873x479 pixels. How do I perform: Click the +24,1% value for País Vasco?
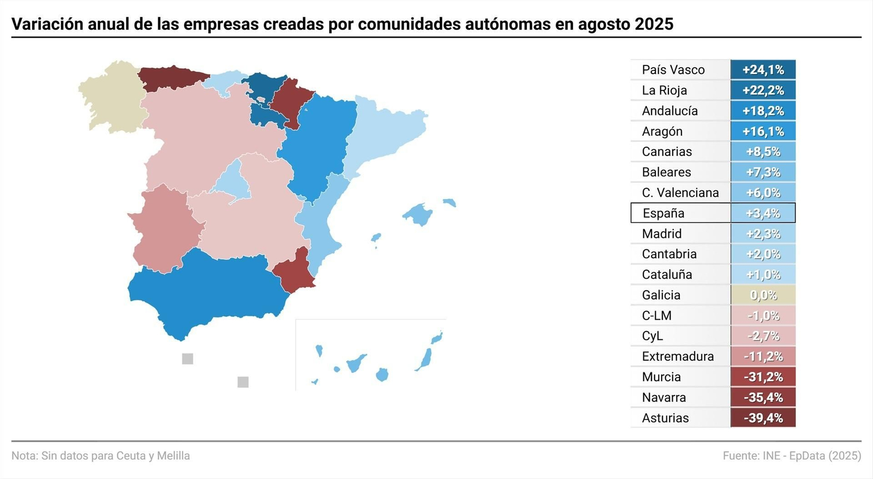click(763, 70)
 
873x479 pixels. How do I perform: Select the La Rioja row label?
click(664, 90)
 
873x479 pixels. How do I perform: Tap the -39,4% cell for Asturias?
click(763, 418)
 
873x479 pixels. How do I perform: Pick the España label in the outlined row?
click(663, 213)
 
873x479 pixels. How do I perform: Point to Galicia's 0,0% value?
click(763, 295)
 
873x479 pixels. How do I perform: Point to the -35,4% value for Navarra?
click(763, 397)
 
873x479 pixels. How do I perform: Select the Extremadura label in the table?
click(678, 356)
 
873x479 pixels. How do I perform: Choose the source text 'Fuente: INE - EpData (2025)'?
click(792, 456)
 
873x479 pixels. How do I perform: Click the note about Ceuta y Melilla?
click(101, 456)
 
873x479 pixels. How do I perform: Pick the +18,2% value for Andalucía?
click(763, 111)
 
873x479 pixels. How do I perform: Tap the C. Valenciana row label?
click(680, 193)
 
